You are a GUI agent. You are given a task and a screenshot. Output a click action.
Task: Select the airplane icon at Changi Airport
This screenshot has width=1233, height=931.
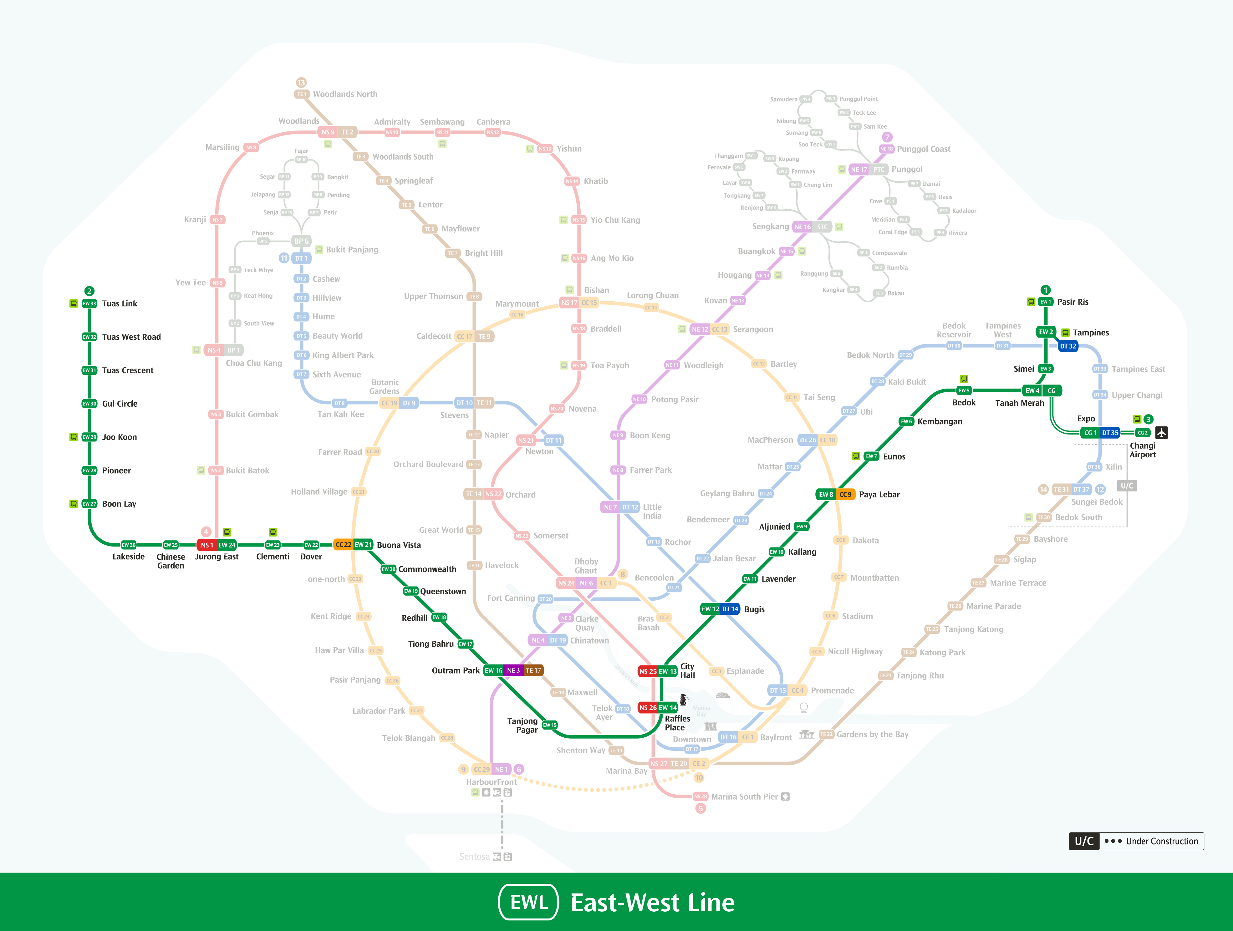click(x=1161, y=433)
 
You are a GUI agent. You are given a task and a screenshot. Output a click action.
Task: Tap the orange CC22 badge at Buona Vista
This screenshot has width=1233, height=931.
click(x=343, y=545)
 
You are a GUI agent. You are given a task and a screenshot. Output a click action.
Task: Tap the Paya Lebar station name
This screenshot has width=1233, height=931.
click(x=879, y=495)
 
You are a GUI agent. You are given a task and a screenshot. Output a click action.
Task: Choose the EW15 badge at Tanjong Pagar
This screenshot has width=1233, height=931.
click(x=550, y=725)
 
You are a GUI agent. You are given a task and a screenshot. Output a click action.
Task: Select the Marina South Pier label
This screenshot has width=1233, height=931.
click(x=744, y=797)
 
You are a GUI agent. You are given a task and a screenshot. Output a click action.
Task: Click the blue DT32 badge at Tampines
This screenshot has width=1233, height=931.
click(x=1068, y=346)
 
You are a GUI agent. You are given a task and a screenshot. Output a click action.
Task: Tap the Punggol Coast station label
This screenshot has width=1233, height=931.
click(x=924, y=149)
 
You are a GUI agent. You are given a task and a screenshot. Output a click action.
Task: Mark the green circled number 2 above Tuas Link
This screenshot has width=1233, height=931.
click(x=89, y=291)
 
